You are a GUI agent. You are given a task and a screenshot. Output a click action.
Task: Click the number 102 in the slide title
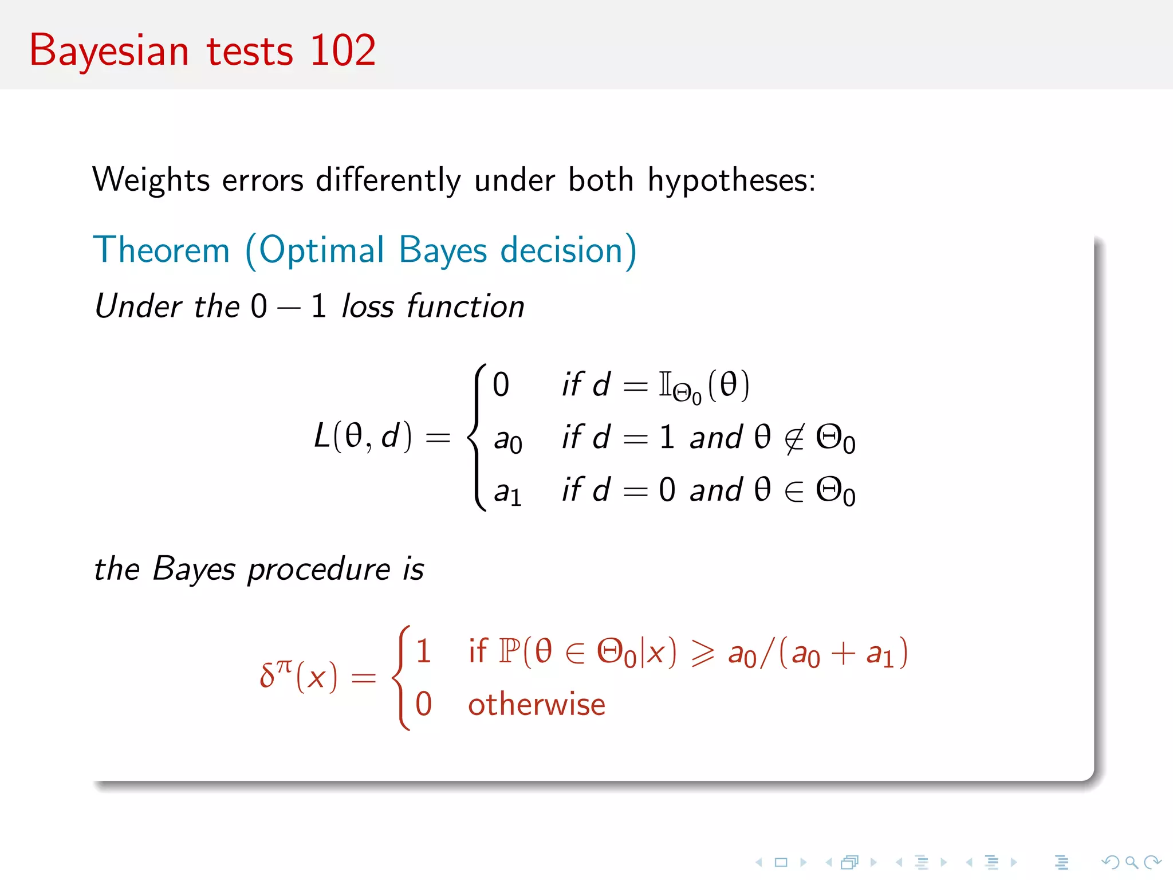pos(343,50)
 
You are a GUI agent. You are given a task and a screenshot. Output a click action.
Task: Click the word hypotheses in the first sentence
pos(731,181)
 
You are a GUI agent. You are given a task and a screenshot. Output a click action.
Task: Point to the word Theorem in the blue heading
pos(162,250)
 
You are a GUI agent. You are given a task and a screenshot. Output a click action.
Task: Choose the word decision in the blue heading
pos(569,250)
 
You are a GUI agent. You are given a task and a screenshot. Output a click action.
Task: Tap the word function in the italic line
pos(466,306)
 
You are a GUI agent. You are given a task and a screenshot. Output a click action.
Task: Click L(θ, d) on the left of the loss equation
pos(363,437)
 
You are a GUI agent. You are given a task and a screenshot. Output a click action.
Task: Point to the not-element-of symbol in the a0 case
pos(794,438)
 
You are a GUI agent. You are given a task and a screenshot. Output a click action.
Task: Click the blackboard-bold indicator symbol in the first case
pos(665,384)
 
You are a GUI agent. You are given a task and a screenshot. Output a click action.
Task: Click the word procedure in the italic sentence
pos(318,569)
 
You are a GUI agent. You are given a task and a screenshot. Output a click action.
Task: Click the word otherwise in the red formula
pos(536,705)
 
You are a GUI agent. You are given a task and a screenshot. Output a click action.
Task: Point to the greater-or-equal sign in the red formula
pos(702,653)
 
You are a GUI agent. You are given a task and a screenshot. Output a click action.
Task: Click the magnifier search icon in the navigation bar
pos(1131,862)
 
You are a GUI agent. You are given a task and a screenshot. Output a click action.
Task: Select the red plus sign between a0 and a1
pos(843,653)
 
